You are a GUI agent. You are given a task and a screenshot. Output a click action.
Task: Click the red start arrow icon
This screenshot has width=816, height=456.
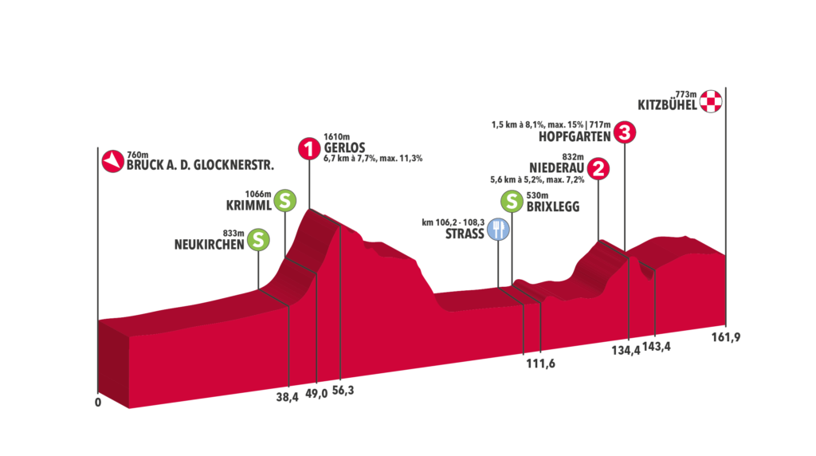(112, 161)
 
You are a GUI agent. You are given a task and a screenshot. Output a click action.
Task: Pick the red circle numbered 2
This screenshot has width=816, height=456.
(598, 169)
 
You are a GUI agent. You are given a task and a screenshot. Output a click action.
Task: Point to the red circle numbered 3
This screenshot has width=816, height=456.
(626, 132)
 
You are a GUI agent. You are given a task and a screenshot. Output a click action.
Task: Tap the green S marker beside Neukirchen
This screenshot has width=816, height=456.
(257, 239)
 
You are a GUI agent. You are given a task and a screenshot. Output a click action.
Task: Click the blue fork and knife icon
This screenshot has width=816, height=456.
(498, 230)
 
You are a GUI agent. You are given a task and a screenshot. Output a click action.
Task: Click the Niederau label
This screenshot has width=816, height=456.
(554, 167)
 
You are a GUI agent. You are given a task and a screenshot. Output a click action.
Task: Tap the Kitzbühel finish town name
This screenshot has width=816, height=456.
(667, 104)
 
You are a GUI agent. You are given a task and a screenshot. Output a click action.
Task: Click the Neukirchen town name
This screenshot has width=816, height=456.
(209, 245)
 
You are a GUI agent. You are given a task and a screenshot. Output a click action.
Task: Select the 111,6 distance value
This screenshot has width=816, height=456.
(541, 362)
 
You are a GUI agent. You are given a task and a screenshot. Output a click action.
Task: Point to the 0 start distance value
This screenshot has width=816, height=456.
(98, 403)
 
